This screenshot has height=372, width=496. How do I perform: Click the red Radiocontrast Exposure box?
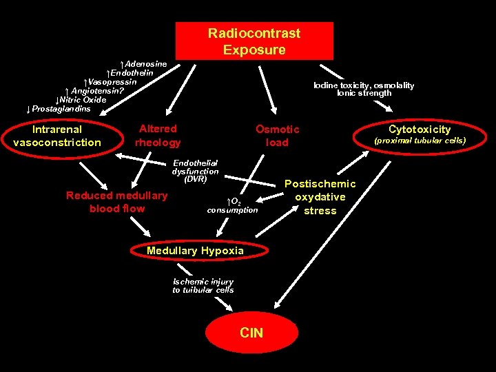[x=254, y=41]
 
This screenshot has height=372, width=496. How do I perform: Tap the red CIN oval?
[x=251, y=333]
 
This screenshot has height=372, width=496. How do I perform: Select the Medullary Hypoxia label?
[x=195, y=251]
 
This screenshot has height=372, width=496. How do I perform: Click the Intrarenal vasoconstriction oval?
[x=57, y=136]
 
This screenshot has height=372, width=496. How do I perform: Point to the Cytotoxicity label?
[x=420, y=130]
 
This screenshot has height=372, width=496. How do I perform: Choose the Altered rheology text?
[x=158, y=136]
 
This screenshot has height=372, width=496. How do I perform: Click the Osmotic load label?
[x=277, y=136]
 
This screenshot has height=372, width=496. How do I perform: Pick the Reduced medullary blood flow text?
[x=116, y=202]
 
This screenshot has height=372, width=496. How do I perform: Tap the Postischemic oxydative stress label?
[x=320, y=197]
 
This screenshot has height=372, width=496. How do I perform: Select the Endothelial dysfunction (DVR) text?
[x=195, y=171]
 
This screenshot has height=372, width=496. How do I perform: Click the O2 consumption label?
[x=233, y=205]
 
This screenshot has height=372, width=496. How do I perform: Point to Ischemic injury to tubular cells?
[x=203, y=286]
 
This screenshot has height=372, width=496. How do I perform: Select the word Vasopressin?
[x=113, y=82]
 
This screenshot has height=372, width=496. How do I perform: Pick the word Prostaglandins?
[x=61, y=109]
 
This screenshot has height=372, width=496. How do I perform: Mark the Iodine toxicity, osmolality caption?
[x=364, y=85]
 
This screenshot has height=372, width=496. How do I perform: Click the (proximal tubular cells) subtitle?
[x=420, y=141]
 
